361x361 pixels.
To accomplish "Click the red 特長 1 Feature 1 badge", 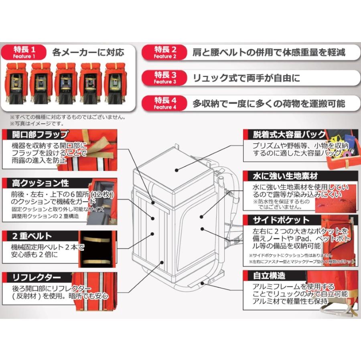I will [x=25, y=52].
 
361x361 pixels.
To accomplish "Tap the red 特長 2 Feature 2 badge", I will [x=165, y=52].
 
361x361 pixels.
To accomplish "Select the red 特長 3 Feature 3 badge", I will [x=165, y=78].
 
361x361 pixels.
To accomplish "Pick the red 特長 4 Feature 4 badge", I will [x=165, y=103].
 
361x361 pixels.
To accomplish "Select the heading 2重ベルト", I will [x=27, y=236].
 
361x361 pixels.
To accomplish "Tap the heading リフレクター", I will [x=32, y=277].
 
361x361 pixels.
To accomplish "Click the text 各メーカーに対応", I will [x=88, y=52].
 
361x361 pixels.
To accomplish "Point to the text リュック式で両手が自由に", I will [x=246, y=78].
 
